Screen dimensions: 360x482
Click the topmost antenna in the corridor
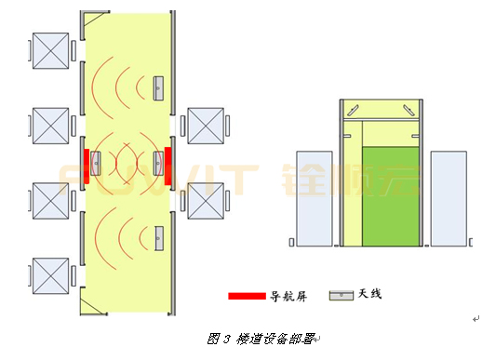click(159, 87)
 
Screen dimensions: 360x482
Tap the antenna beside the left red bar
click(96, 164)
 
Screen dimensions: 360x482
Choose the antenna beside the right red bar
click(159, 164)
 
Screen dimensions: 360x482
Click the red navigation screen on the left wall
click(87, 166)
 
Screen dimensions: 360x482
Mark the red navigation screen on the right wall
click(167, 166)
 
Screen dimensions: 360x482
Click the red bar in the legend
click(247, 296)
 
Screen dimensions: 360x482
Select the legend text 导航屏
click(288, 296)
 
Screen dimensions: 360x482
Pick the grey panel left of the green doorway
click(311, 198)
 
